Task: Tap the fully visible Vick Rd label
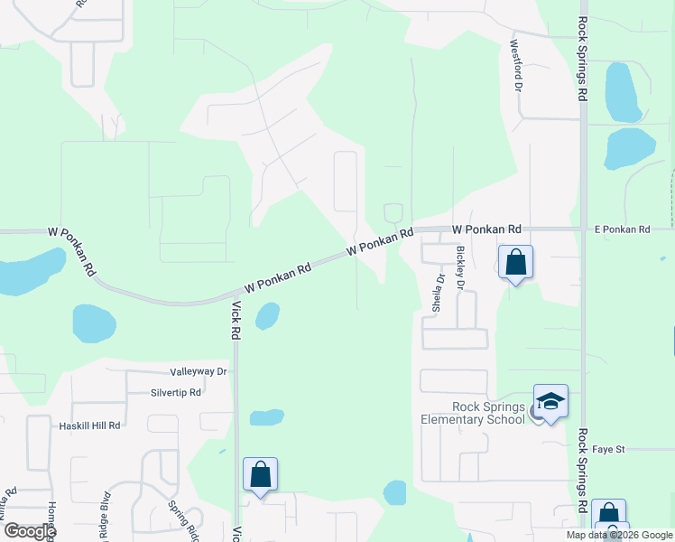(x=236, y=321)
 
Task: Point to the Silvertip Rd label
(x=176, y=393)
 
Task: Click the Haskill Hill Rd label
(x=89, y=425)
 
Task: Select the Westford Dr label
(x=518, y=65)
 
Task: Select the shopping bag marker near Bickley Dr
(x=515, y=263)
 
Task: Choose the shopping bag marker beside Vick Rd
(x=260, y=474)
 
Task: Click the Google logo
(x=30, y=531)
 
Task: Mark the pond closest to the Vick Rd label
(x=267, y=314)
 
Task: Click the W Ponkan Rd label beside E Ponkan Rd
(x=487, y=230)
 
